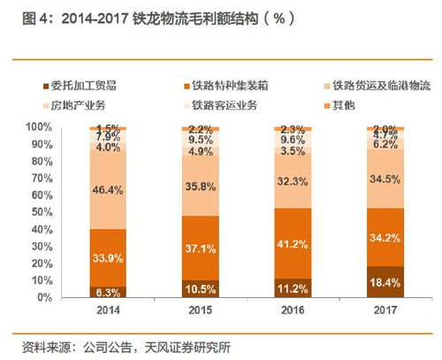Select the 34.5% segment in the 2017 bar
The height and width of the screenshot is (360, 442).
tap(385, 179)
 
